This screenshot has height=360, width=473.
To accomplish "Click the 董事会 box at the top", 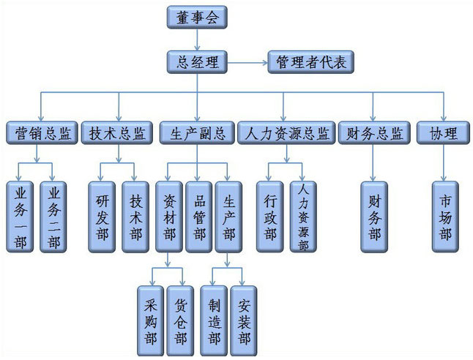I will click(197, 17).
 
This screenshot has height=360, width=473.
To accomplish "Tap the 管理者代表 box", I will click(311, 62).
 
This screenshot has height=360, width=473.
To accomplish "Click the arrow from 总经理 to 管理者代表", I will click(247, 62).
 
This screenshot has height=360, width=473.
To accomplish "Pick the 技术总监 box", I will click(117, 134).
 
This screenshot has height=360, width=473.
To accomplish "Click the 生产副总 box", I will click(197, 134).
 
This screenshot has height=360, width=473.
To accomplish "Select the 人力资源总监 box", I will click(286, 134).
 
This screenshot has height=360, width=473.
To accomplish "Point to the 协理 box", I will click(443, 134).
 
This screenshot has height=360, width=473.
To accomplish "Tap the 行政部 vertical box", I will click(269, 217).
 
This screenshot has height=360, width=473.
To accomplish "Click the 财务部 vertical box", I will click(374, 217).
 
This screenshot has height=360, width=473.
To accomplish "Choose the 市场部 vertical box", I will click(444, 217).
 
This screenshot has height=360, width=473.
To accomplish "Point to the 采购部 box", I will click(149, 320).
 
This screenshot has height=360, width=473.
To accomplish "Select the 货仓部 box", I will click(179, 320).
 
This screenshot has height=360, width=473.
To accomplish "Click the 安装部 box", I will click(244, 320).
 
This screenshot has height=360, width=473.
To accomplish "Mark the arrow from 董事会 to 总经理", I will click(197, 40).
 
